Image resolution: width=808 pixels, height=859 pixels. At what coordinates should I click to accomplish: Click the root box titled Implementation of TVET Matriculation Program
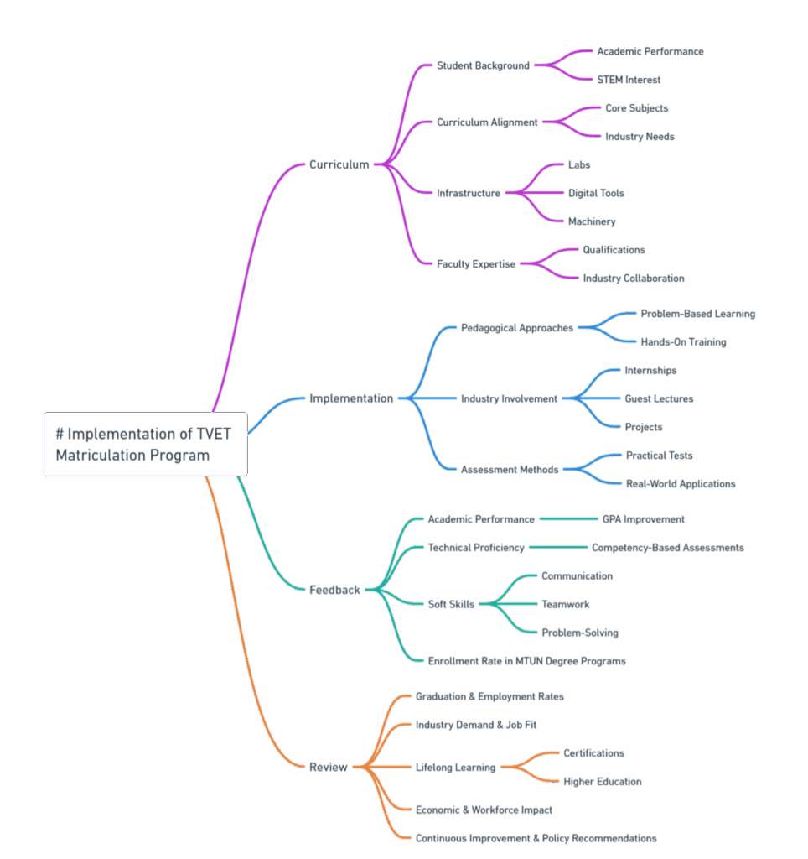146,445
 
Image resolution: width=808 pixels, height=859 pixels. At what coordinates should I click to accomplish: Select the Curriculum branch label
339,164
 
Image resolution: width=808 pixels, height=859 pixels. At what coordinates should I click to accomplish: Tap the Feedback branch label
334,590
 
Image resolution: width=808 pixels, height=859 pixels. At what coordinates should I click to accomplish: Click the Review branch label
329,767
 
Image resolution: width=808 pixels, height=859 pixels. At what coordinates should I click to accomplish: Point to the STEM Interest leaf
629,80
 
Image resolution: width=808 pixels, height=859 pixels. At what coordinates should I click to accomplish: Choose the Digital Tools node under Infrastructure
596,194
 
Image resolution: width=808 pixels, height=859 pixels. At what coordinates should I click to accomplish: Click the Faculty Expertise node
476,264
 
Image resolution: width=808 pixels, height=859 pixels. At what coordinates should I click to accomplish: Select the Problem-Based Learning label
698,314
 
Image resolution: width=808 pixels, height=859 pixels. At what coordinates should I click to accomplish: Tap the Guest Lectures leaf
659,398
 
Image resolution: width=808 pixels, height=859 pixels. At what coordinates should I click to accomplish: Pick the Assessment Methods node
510,470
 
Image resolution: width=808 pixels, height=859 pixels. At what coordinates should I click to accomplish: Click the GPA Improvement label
643,519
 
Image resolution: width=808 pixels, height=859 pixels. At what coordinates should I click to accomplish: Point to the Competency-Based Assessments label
668,548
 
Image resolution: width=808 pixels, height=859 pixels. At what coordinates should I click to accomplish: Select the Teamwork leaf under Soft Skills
566,604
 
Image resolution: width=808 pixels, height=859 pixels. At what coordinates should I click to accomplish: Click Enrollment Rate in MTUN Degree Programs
526,661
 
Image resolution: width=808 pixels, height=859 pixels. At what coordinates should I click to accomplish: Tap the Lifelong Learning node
455,768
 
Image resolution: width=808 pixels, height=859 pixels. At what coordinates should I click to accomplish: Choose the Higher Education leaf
603,782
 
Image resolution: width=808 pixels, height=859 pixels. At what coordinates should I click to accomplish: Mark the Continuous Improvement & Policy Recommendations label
536,838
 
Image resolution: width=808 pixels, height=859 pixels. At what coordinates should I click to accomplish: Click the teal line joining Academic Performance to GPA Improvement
569,518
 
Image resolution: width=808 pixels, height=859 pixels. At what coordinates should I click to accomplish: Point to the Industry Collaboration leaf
634,279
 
